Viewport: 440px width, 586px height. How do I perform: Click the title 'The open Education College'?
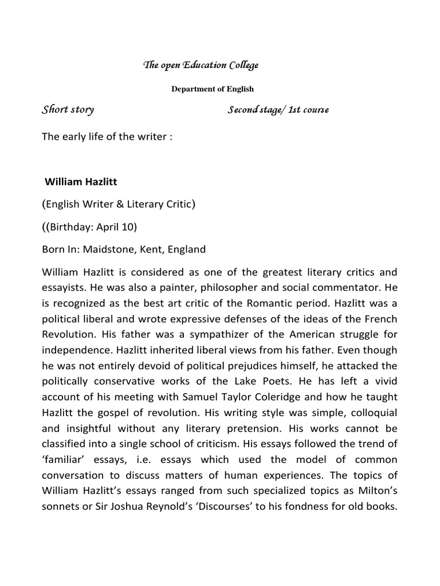tap(200, 65)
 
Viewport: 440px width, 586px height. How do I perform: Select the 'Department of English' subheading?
tap(212, 89)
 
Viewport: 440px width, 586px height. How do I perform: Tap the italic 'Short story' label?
tap(68, 109)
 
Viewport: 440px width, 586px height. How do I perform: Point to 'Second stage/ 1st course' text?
tap(278, 110)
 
